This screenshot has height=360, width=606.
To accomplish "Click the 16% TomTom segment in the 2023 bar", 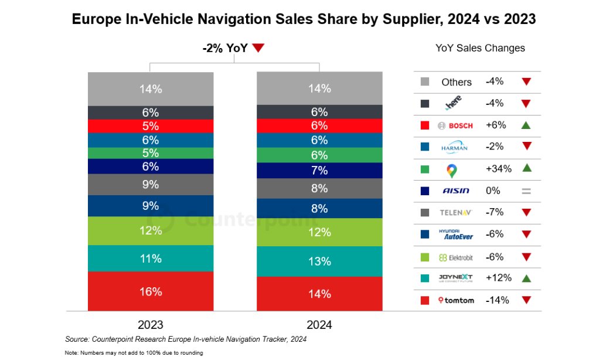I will tap(151, 291).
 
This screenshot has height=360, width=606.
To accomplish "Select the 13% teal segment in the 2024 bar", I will tap(319, 261).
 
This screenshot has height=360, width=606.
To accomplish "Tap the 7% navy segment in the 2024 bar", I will tap(319, 171).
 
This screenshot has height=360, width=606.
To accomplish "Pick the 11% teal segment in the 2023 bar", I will tap(151, 259).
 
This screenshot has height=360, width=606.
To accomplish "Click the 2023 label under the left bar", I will tap(151, 325).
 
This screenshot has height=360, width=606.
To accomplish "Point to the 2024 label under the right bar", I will tap(319, 325).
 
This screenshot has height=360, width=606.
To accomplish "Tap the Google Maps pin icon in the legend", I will tap(452, 170).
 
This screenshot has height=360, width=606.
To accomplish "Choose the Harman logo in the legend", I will tap(455, 148).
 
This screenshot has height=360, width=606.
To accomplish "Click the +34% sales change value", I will tap(498, 169).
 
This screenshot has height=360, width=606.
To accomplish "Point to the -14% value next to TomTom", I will tap(497, 300).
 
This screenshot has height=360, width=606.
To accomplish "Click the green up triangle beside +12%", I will tap(526, 278).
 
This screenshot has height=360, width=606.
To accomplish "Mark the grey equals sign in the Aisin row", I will tap(526, 191).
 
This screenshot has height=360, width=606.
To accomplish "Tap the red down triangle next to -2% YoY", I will tap(258, 49).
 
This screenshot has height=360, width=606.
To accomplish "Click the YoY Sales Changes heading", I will tap(480, 48).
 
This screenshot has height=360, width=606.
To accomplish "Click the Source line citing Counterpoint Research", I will tap(186, 339).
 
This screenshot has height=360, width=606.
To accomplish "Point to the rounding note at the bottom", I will tap(134, 353).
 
